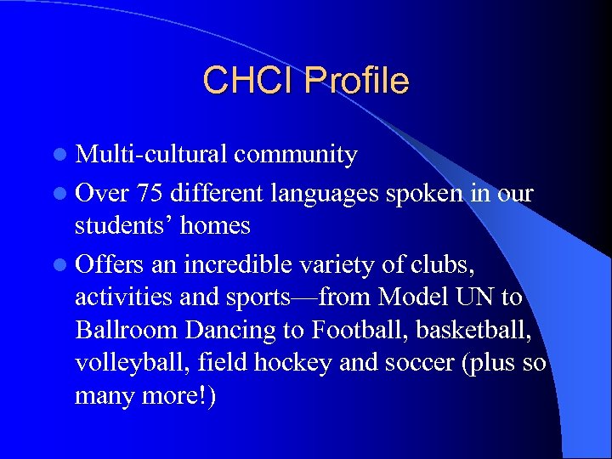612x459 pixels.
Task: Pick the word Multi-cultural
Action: [150, 155]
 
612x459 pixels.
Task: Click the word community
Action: [295, 155]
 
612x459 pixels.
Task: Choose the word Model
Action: [411, 297]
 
